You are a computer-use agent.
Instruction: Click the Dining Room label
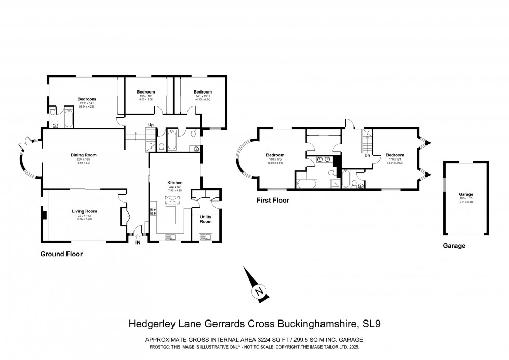pyautogui.click(x=84, y=155)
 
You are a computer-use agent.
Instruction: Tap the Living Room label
pyautogui.click(x=84, y=211)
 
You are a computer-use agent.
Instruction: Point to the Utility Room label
pyautogui.click(x=206, y=219)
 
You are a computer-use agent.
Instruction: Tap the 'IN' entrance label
pyautogui.click(x=138, y=242)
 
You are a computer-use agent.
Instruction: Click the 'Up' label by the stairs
pyautogui.click(x=150, y=125)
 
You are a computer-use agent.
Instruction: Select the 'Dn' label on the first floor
pyautogui.click(x=367, y=155)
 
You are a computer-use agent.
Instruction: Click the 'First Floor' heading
pyautogui.click(x=272, y=199)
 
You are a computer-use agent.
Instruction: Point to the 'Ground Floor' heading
pyautogui.click(x=61, y=255)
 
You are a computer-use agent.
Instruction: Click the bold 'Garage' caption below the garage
pyautogui.click(x=453, y=246)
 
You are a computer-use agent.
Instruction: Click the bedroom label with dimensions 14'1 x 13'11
pyautogui.click(x=203, y=92)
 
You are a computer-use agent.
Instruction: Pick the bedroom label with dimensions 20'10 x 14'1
pyautogui.click(x=87, y=99)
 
